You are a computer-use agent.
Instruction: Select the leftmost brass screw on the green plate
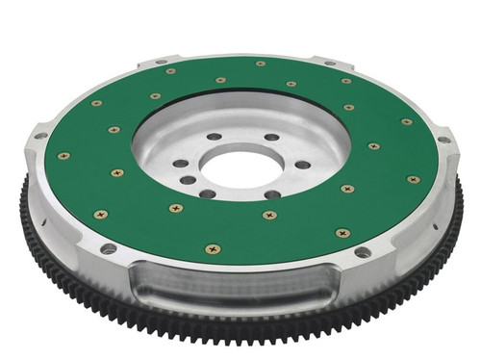click(64, 155)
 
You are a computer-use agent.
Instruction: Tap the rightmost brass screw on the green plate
click(413, 179)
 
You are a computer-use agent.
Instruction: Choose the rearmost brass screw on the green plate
click(260, 64)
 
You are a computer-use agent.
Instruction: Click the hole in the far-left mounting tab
click(39, 137)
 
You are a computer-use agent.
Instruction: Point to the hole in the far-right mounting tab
click(443, 141)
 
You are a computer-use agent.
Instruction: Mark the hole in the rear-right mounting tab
click(330, 64)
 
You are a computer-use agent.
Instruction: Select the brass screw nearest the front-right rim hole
click(342, 232)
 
